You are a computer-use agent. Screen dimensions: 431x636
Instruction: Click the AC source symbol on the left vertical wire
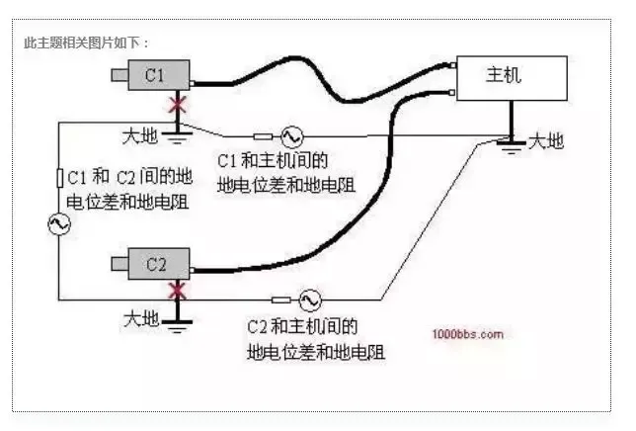(58, 224)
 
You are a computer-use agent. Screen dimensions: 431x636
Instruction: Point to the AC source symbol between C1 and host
(293, 135)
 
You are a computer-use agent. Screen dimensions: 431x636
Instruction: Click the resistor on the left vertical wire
(59, 178)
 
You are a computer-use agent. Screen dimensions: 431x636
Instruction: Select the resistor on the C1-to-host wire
(263, 135)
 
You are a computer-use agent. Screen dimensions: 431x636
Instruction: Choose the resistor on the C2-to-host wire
(279, 299)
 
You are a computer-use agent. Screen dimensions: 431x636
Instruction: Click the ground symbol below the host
(510, 144)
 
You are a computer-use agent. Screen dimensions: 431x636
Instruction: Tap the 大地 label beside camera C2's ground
(139, 318)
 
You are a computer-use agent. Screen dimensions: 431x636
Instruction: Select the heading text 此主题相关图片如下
(87, 43)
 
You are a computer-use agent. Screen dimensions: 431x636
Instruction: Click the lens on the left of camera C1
(119, 76)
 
